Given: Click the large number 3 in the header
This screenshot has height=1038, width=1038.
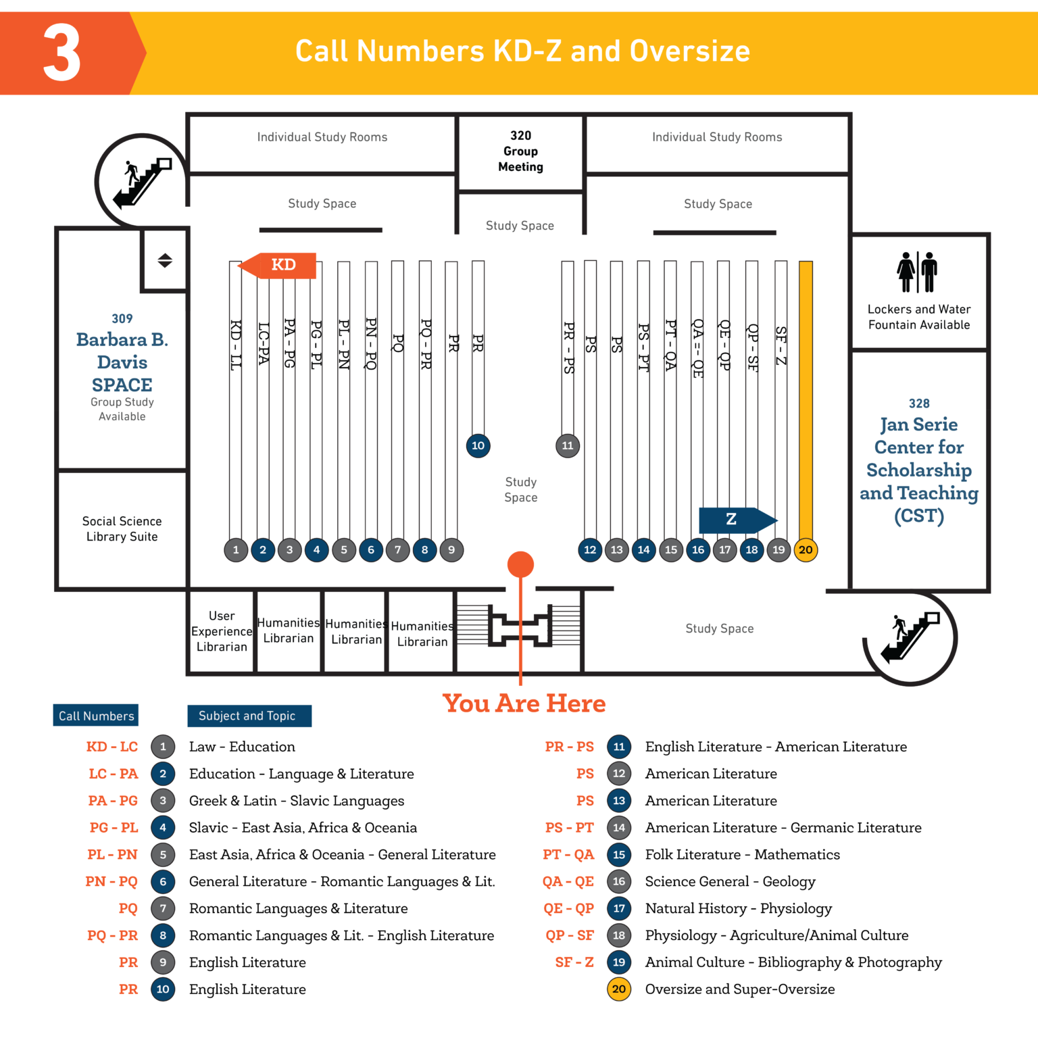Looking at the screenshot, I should point(61,53).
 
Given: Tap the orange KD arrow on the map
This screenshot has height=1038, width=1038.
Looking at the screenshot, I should point(279,265).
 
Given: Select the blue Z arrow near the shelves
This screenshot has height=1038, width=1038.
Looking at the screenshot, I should point(736,520).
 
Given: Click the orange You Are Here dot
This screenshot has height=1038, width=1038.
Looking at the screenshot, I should point(520,564).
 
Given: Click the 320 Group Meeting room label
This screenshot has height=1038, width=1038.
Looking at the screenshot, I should point(520,151).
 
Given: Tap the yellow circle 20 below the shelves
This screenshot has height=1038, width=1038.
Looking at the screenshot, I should point(806,550).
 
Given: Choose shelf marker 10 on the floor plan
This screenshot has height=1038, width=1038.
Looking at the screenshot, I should point(478,446).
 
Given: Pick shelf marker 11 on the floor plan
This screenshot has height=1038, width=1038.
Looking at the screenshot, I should point(568,446).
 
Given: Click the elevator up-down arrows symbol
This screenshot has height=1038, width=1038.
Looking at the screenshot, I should point(165,261).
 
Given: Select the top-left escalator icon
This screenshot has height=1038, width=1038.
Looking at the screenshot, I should point(141,181).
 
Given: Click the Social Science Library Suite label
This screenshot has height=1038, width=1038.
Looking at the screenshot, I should point(122,529).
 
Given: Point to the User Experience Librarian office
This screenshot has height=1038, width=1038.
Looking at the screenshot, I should point(222,631).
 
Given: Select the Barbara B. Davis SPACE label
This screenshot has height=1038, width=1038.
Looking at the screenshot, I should point(122,362).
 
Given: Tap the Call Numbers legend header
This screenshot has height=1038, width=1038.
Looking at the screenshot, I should point(96,716).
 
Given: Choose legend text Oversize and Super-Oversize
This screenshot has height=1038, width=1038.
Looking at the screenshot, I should point(740,989).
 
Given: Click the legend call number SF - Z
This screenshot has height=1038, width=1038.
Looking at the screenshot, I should point(574,962).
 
